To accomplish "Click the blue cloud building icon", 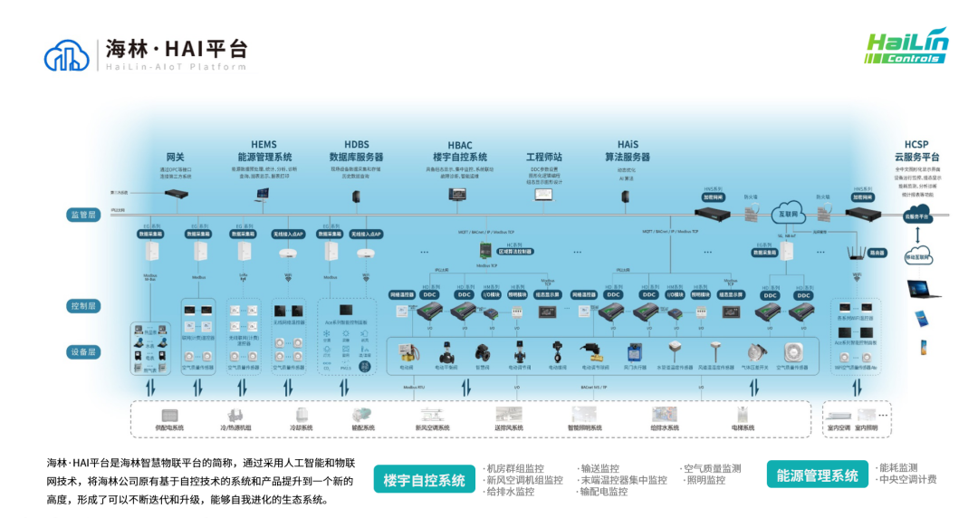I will click(67, 55).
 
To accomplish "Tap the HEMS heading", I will click(264, 145).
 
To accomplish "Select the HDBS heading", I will click(356, 145).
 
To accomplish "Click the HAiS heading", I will click(628, 145).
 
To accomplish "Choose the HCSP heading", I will click(916, 145).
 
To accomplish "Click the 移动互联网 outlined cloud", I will click(918, 257).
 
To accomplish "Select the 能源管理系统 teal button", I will click(817, 475).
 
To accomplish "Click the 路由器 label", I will click(877, 254).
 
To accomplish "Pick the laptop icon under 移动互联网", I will click(924, 290).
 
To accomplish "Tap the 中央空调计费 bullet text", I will click(907, 480).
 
